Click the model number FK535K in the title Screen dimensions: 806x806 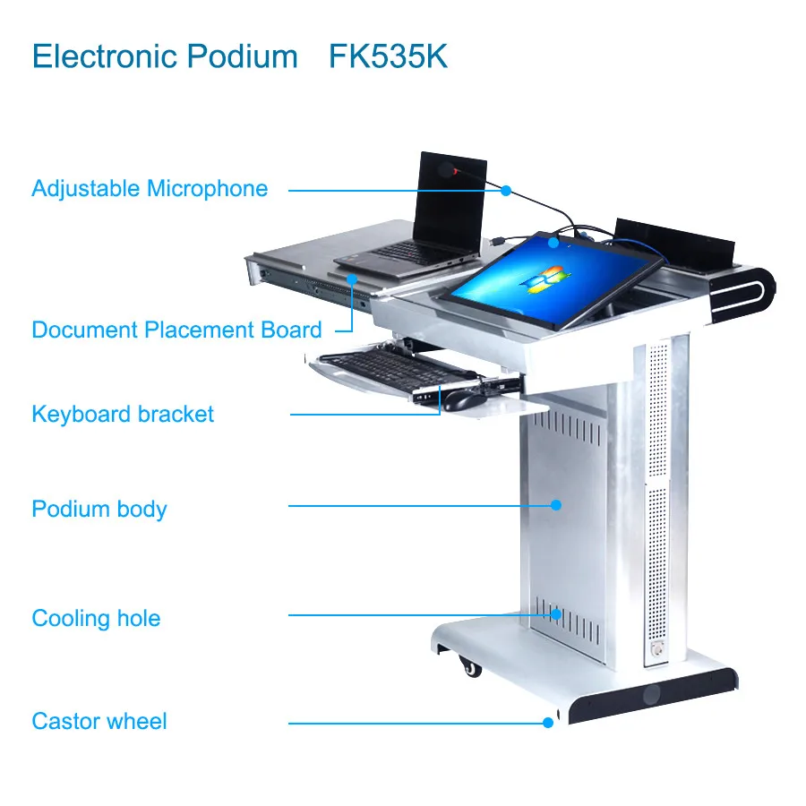(x=388, y=56)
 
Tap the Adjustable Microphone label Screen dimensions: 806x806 (x=150, y=189)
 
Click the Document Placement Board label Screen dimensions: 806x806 (x=176, y=330)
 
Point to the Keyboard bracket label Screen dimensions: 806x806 (x=123, y=415)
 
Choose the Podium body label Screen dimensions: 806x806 (x=99, y=510)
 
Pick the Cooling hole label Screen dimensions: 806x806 (x=96, y=619)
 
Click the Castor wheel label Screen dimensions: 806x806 (x=99, y=722)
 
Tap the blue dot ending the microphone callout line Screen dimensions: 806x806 (x=506, y=190)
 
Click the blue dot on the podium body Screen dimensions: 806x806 (x=555, y=505)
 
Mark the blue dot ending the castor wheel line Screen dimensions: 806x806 (x=548, y=722)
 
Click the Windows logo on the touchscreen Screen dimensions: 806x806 (x=547, y=279)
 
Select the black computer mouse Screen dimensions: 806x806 (x=461, y=400)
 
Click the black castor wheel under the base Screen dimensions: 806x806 (x=468, y=666)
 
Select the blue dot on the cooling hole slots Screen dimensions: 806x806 (x=556, y=614)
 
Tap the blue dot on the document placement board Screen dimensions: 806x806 (x=354, y=279)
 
